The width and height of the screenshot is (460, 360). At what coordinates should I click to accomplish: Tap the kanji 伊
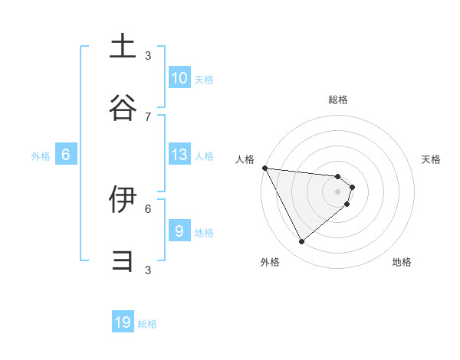pos(123,200)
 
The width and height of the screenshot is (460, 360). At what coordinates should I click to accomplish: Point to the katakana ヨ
pos(123,260)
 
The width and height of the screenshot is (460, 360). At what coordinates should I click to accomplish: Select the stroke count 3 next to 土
pos(148,55)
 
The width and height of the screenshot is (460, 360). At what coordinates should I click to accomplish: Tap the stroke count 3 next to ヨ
pos(148,270)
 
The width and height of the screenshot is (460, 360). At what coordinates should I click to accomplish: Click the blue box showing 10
pos(179,78)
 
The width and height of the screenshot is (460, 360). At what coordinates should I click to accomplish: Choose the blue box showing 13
pos(179,155)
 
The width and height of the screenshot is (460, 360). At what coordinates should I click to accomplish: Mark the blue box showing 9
pos(179,231)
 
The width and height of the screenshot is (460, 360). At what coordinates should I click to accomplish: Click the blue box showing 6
pos(66,155)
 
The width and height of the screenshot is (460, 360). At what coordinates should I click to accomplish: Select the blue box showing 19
pos(123,322)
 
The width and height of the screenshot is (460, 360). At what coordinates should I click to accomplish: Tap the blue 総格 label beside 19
pos(147,324)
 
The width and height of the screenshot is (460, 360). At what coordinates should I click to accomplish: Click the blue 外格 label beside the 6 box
pos(41,156)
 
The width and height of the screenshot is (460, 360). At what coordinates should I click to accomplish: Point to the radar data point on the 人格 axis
pos(264,168)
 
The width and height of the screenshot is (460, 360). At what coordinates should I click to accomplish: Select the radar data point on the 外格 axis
pos(301,241)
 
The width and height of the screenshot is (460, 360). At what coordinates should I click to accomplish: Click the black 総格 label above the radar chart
pos(338,100)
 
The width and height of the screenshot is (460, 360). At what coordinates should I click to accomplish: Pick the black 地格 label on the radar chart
pos(402,262)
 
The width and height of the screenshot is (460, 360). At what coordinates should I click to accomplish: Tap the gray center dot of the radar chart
pos(338,191)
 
